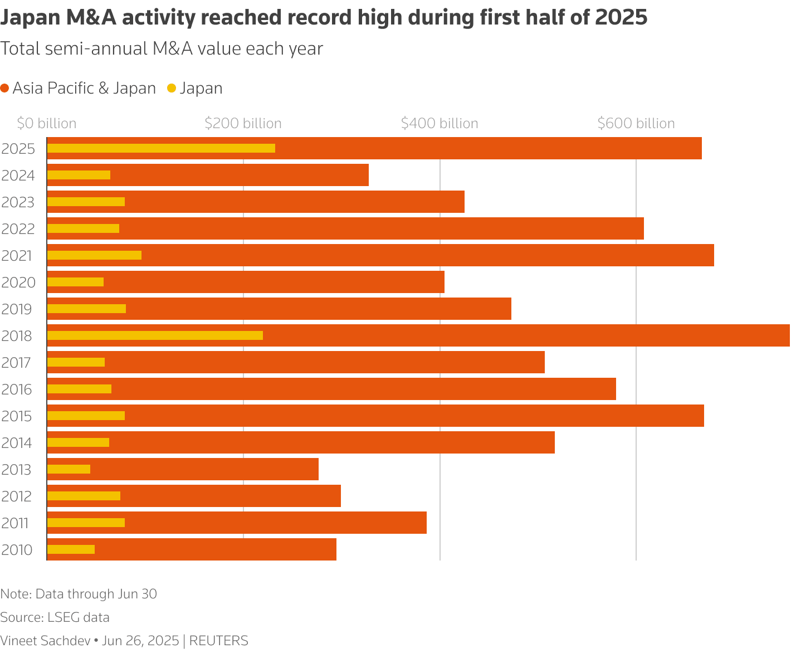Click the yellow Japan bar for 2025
[x=161, y=148]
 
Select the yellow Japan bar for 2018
[x=155, y=335]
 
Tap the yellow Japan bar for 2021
[x=94, y=255]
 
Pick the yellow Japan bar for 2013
[x=69, y=469]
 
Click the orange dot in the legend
[x=5, y=89]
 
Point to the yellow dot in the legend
[x=172, y=89]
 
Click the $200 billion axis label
[x=243, y=124]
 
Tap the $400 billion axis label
[x=440, y=124]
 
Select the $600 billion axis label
[x=636, y=124]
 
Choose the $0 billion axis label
[x=47, y=124]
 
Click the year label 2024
[x=18, y=176]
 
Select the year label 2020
[x=18, y=283]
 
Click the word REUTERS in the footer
[x=219, y=641]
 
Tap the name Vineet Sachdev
[x=45, y=641]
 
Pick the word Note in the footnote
[x=14, y=594]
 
